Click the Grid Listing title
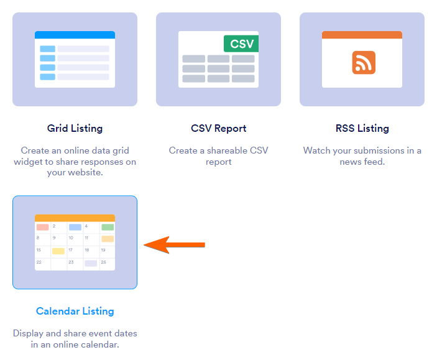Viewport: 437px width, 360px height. click(75, 129)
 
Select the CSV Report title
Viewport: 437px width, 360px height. click(218, 129)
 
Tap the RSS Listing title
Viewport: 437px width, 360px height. click(362, 129)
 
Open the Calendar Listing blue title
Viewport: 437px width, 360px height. click(75, 311)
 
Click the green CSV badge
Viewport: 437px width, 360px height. click(241, 44)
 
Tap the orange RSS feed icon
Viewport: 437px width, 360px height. click(364, 63)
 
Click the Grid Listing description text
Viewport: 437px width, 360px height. click(75, 162)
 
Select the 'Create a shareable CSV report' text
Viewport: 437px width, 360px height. click(218, 156)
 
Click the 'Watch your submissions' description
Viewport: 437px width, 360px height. click(362, 156)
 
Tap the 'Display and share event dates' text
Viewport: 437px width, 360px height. click(75, 339)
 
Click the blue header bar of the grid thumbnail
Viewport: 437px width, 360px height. click(75, 35)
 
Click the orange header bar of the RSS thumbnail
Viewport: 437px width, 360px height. click(362, 35)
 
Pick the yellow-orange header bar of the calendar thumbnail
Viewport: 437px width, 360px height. click(75, 218)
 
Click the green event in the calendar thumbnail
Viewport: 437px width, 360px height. click(108, 228)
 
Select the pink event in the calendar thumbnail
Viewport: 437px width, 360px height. click(42, 228)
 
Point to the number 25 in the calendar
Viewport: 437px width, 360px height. click(103, 262)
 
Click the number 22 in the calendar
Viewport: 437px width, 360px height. click(39, 262)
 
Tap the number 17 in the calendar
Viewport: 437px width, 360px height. click(71, 250)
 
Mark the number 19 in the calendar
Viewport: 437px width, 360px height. click(103, 250)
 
